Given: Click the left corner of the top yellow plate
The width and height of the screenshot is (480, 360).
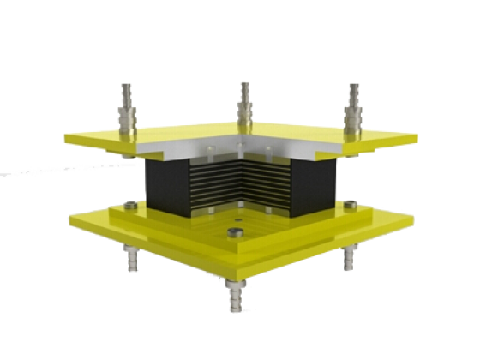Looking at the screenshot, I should [x=69, y=137].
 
